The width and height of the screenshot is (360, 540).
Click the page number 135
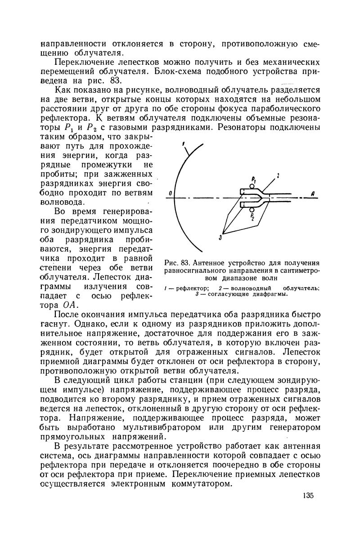click(x=307, y=495)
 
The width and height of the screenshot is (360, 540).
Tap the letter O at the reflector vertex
click(x=170, y=193)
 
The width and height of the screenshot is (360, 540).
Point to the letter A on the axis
click(x=311, y=193)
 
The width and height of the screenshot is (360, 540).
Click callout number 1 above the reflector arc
click(x=184, y=144)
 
